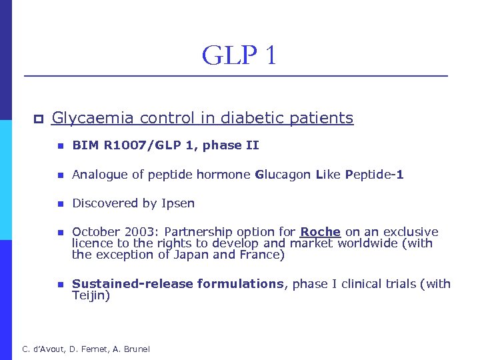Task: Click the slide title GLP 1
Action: (239, 55)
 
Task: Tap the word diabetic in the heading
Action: (256, 118)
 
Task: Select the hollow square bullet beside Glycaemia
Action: (38, 119)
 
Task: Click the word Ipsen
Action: (179, 203)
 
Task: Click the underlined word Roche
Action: (320, 232)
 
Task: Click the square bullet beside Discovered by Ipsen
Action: (59, 204)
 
